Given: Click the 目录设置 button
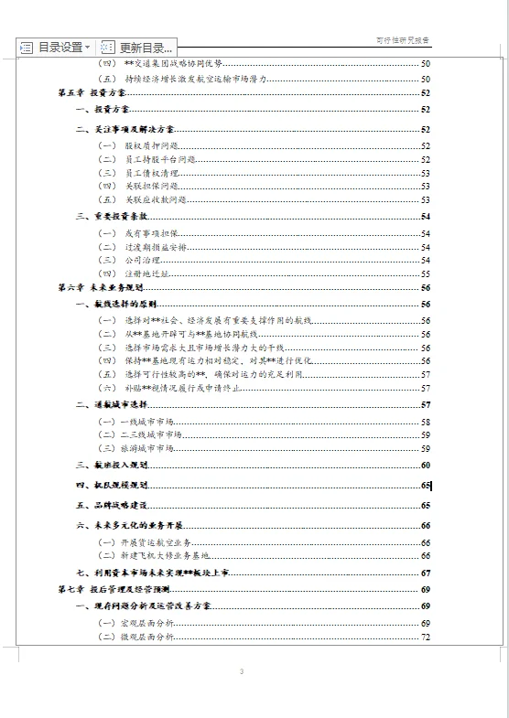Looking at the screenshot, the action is [x=56, y=48].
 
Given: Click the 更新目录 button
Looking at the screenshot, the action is [x=138, y=48].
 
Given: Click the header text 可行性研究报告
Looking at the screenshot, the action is [x=404, y=40].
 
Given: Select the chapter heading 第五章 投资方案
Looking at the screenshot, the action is [x=92, y=93].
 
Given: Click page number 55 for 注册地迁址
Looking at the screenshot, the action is [x=426, y=273].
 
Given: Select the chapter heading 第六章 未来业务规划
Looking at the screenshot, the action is [x=100, y=287].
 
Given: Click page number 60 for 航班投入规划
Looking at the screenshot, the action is [x=426, y=466].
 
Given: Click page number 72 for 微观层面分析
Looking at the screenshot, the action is [x=426, y=637].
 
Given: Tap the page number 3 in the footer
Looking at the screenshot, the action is [x=242, y=673].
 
